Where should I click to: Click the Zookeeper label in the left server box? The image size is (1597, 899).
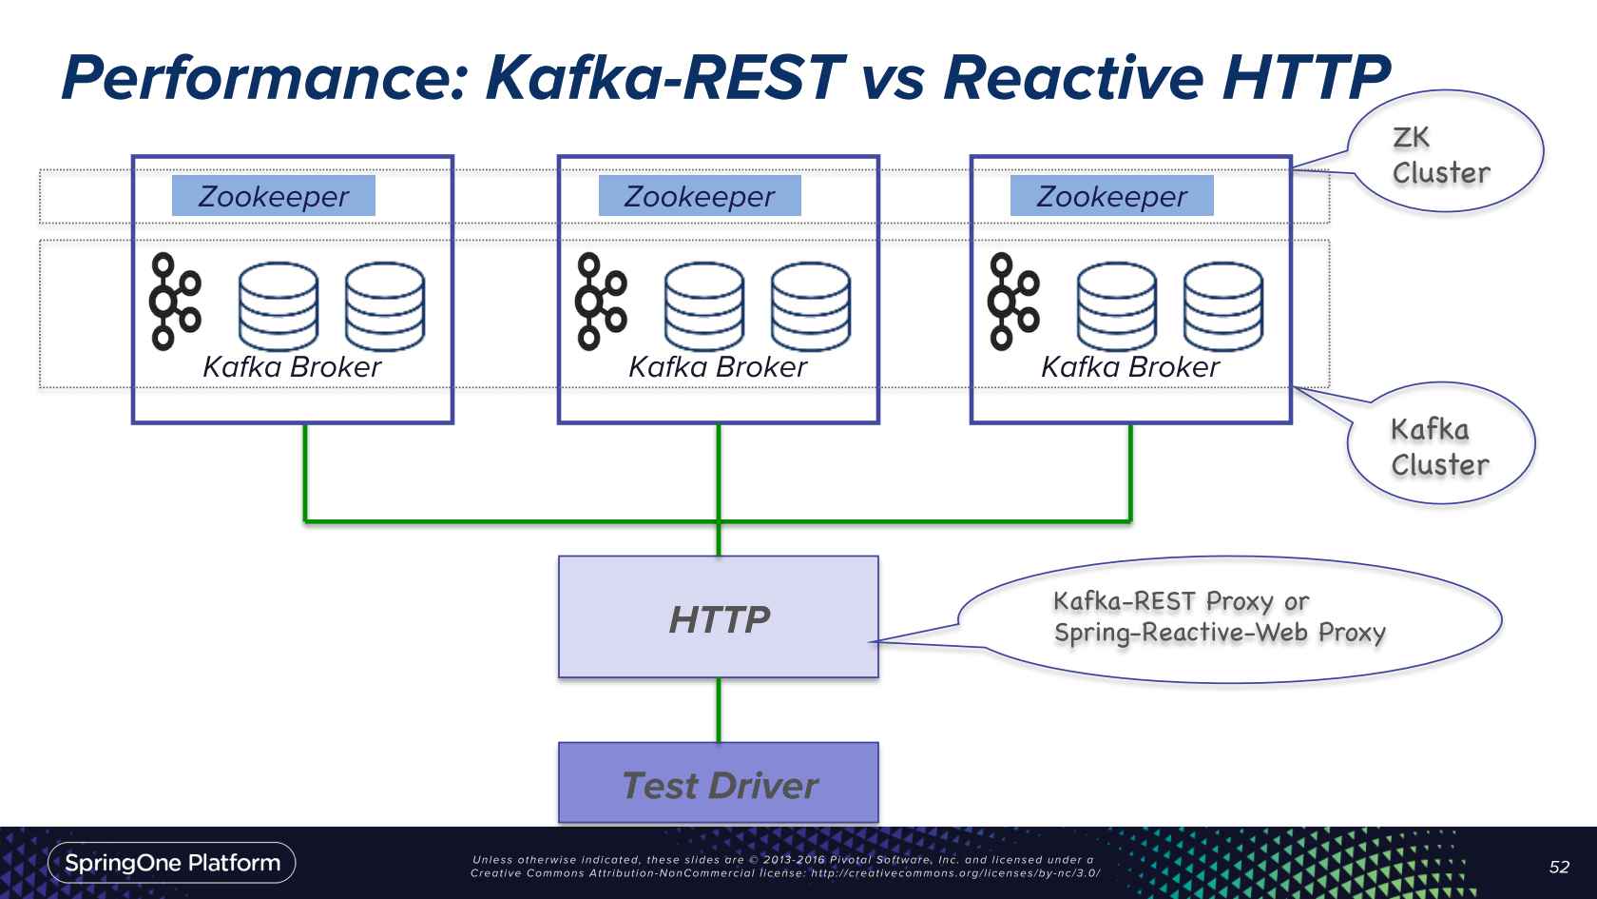[x=274, y=196]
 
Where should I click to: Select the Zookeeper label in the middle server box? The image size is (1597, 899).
[x=700, y=196]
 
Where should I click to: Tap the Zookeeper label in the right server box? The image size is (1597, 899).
[x=1111, y=196]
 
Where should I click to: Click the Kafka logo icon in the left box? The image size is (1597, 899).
[x=175, y=301]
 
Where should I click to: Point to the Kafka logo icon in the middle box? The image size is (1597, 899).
[x=601, y=301]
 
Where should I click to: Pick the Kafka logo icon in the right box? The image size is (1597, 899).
[x=1013, y=301]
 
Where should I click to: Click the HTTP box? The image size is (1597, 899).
[x=719, y=617]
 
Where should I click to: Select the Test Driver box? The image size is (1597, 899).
[x=719, y=783]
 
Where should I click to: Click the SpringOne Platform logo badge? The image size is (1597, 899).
[x=172, y=863]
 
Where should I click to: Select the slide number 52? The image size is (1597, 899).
[x=1559, y=867]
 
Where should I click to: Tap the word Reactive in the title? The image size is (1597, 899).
[x=1069, y=78]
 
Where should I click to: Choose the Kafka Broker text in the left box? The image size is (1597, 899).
[x=292, y=367]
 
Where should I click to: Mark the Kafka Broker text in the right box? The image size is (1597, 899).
[x=1130, y=367]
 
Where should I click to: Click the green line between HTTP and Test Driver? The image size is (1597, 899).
[x=719, y=710]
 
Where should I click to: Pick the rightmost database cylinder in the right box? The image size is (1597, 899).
[x=1223, y=306]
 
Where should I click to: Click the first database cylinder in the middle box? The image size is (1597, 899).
[x=704, y=306]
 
